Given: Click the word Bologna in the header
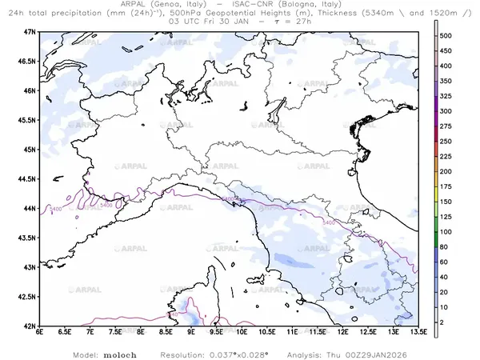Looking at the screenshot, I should [304, 5].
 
